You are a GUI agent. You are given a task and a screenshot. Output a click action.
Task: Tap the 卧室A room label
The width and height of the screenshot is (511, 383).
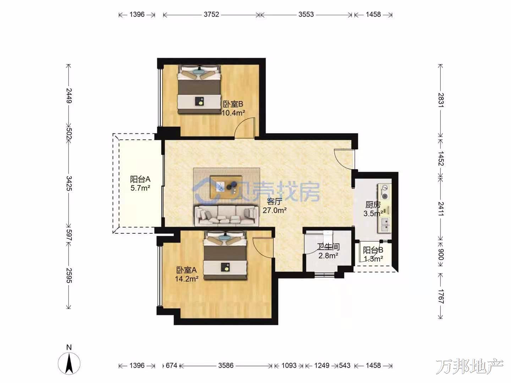click(186, 270)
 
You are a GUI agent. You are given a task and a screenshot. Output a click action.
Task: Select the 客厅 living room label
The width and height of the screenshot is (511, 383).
click(275, 202)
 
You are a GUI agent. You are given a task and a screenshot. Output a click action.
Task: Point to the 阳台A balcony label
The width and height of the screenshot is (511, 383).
click(140, 179)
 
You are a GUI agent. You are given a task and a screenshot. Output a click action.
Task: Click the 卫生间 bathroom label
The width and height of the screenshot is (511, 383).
click(329, 247)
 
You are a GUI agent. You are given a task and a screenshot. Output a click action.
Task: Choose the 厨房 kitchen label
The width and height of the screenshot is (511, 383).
click(373, 205)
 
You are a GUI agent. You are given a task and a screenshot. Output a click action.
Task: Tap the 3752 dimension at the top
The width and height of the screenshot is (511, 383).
click(211, 15)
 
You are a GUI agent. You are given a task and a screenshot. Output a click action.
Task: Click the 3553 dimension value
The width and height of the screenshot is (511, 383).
click(306, 15)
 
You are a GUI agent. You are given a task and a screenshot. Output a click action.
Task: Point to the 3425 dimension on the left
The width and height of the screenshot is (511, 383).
click(69, 183)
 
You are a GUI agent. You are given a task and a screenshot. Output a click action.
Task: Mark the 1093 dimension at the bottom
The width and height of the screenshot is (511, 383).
click(289, 366)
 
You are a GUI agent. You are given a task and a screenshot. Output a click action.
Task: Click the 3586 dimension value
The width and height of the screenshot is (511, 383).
click(226, 366)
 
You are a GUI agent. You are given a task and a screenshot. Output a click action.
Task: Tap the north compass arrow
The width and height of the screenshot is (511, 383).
click(69, 363)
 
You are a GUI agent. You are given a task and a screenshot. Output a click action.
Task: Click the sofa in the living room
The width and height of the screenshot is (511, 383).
click(226, 216)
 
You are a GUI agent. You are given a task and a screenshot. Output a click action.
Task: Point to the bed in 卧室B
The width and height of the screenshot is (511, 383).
click(199, 89)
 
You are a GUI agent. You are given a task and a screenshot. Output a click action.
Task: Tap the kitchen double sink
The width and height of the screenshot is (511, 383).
click(385, 225)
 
